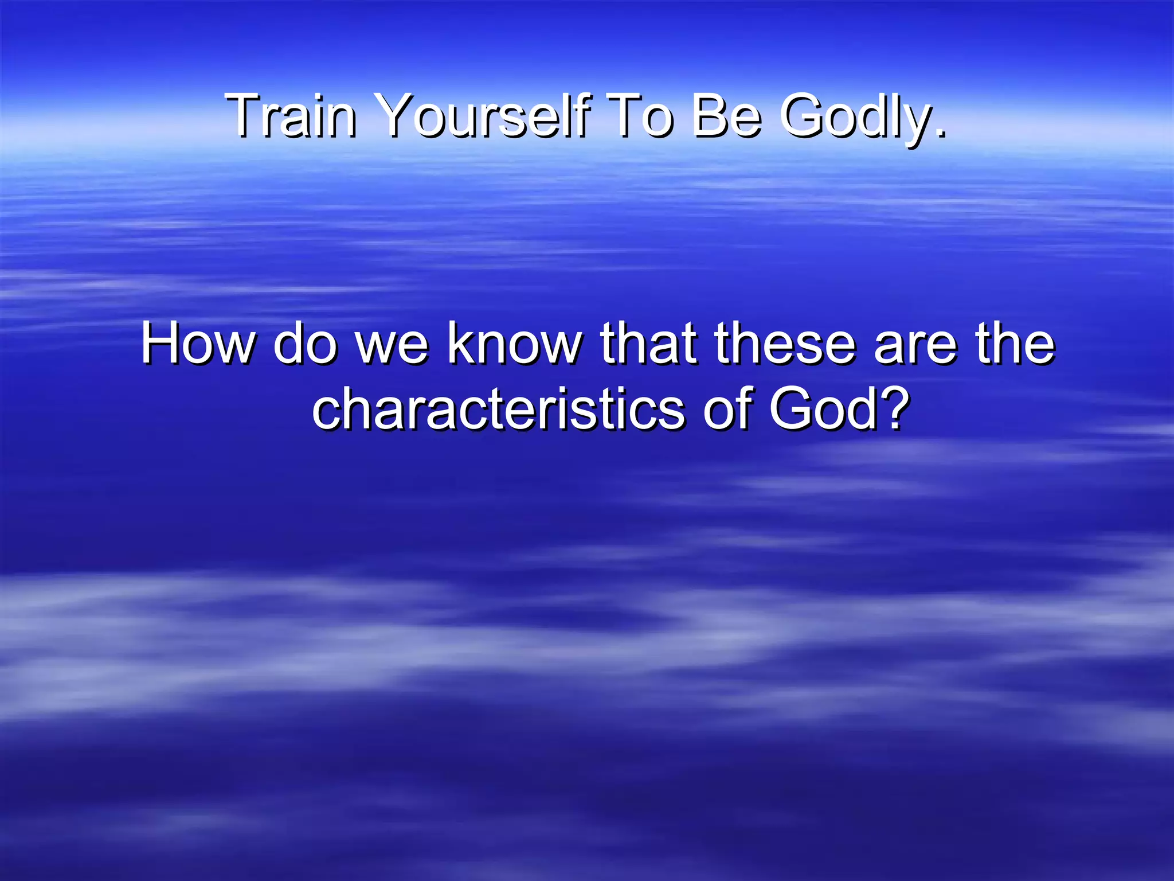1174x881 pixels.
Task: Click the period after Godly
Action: pyautogui.click(x=939, y=133)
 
